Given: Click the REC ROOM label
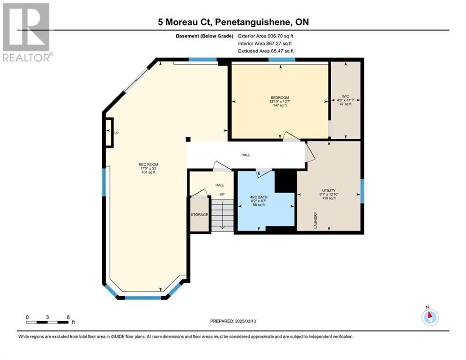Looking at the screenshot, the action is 148,165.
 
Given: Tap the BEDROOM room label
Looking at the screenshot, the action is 280,97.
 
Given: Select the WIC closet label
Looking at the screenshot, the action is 345,97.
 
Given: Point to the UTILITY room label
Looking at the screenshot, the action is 329,190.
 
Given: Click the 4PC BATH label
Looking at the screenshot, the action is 259,197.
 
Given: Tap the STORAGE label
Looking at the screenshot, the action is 199,215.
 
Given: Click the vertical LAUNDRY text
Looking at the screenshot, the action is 316,220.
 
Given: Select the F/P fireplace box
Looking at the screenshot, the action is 109,133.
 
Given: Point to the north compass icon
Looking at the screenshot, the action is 430,316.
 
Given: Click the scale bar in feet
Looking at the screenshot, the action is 48,322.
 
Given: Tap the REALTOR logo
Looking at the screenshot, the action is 27,32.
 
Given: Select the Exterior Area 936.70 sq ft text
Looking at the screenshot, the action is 266,36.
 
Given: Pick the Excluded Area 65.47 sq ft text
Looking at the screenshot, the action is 266,51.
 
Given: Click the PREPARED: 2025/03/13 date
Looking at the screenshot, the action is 233,321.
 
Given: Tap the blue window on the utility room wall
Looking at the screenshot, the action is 362,191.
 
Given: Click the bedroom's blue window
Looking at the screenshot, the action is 282,60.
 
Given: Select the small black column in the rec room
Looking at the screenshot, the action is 188,139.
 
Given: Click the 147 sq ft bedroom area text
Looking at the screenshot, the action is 280,105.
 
